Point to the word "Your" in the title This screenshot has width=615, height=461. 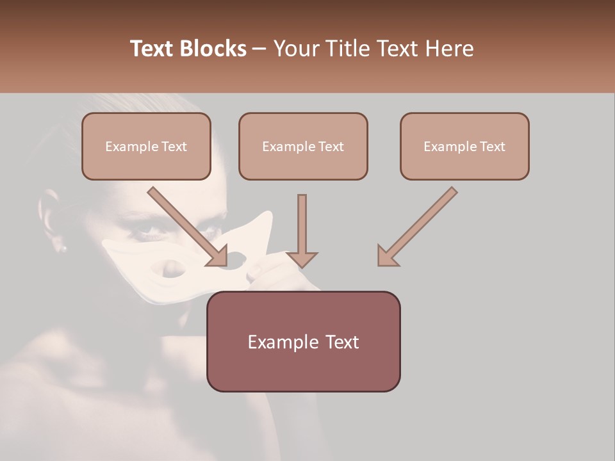click(297, 49)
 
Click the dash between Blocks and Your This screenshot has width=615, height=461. click(260, 49)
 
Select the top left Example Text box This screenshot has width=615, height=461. click(146, 146)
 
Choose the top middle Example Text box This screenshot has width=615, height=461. click(303, 146)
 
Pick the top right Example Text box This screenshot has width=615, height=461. click(464, 146)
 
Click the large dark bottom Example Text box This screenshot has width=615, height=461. click(303, 341)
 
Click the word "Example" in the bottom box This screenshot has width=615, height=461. click(281, 342)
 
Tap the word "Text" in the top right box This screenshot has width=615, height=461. click(492, 147)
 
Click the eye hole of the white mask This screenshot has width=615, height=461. click(168, 270)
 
